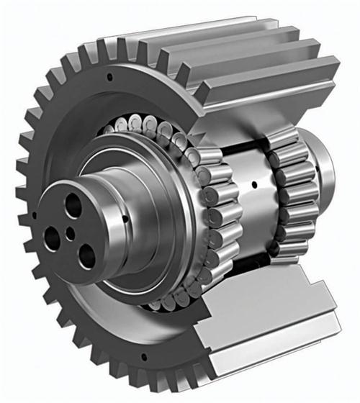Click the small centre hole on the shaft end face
pyautogui.click(x=71, y=232)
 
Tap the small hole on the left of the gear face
pyautogui.click(x=33, y=214)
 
